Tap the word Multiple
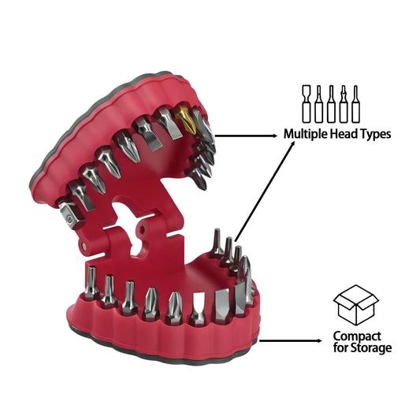point(306,134)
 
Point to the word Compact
point(357,336)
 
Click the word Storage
point(371,348)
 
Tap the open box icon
point(355,305)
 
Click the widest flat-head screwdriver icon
point(307,104)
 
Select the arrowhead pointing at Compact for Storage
point(319,340)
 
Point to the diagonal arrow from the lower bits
point(265,191)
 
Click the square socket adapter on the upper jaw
point(69,216)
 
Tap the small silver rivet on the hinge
point(84,245)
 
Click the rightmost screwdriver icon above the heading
point(355,104)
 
